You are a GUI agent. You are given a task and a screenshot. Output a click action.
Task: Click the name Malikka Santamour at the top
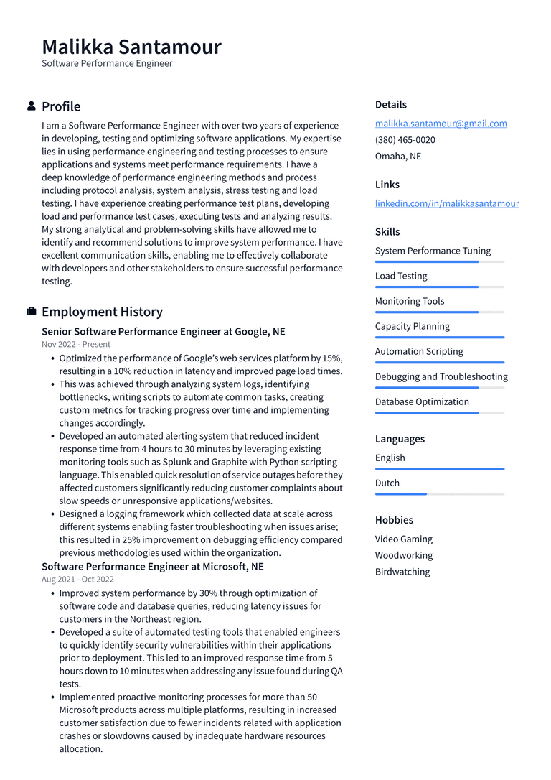(x=131, y=47)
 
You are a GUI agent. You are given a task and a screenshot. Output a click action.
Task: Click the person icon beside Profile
(x=32, y=106)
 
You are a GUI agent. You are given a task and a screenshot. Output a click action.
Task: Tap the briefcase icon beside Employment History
(x=32, y=312)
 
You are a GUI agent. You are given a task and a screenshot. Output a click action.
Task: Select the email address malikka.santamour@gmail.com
(x=441, y=124)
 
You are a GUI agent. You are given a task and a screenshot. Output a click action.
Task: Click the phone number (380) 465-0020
(x=405, y=140)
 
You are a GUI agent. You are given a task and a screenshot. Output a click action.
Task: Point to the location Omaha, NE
(x=397, y=157)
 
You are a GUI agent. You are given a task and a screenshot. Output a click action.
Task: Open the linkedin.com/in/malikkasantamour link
(x=446, y=203)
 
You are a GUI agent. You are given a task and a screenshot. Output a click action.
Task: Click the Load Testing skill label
(x=400, y=276)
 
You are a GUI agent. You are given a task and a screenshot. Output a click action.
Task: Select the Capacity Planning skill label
(x=412, y=326)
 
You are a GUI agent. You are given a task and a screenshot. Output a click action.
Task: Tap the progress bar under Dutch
(x=439, y=494)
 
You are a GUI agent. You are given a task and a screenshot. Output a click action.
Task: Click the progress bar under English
(x=439, y=469)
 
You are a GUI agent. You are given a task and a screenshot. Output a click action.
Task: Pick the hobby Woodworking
(x=403, y=555)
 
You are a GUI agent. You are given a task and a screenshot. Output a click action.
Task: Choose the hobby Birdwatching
(x=402, y=572)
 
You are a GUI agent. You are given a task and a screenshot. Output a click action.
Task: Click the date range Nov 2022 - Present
(x=76, y=345)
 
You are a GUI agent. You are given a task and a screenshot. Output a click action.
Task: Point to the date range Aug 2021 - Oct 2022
(x=77, y=580)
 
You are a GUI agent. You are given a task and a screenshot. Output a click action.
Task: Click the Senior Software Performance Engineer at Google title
(x=163, y=332)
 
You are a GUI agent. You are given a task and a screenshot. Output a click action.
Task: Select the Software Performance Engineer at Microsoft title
(x=152, y=567)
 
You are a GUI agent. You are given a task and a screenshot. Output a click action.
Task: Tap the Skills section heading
(x=387, y=232)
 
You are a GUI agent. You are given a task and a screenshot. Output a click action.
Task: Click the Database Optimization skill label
(x=421, y=401)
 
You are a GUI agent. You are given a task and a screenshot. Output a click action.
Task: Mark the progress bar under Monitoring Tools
(x=439, y=312)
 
